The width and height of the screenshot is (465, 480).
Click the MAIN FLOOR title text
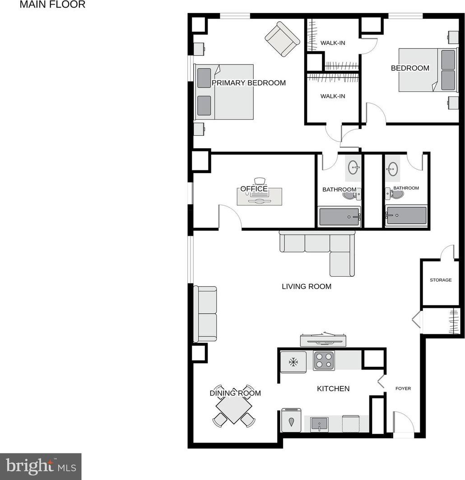pos(52,5)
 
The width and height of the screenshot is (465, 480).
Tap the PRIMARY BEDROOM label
pos(249,82)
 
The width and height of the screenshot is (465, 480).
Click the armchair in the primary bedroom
pos(282,39)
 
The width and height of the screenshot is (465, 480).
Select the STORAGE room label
pos(441,280)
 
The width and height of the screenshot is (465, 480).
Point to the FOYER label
pos(403,388)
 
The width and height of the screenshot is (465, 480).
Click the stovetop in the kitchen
pos(324,361)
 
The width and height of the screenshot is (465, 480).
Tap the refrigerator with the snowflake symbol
pos(293,362)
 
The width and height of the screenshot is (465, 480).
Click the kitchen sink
pos(319,424)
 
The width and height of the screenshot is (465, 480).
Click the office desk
pos(260,197)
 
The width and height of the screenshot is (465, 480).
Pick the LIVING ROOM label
pos(307,286)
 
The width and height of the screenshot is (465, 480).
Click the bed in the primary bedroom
pos(224,92)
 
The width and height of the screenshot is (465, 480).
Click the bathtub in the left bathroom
pos(339,217)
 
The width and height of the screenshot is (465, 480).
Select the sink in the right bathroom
pos(393,169)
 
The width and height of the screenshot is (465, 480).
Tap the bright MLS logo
pos(41,466)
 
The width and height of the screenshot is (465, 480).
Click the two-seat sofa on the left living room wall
pos(205,314)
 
